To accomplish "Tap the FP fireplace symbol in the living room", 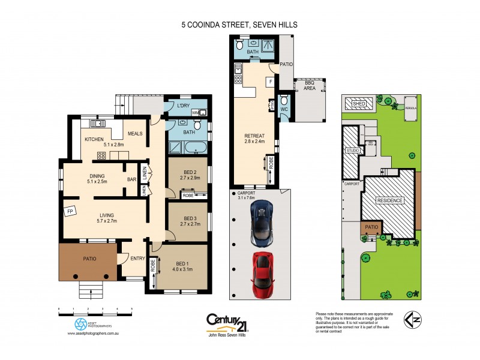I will [70, 211].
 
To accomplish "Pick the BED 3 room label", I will [190, 219].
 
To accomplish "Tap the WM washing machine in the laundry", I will [195, 112].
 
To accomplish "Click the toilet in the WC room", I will [284, 100].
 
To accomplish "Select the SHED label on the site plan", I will [359, 104].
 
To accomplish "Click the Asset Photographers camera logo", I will [80, 324].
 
